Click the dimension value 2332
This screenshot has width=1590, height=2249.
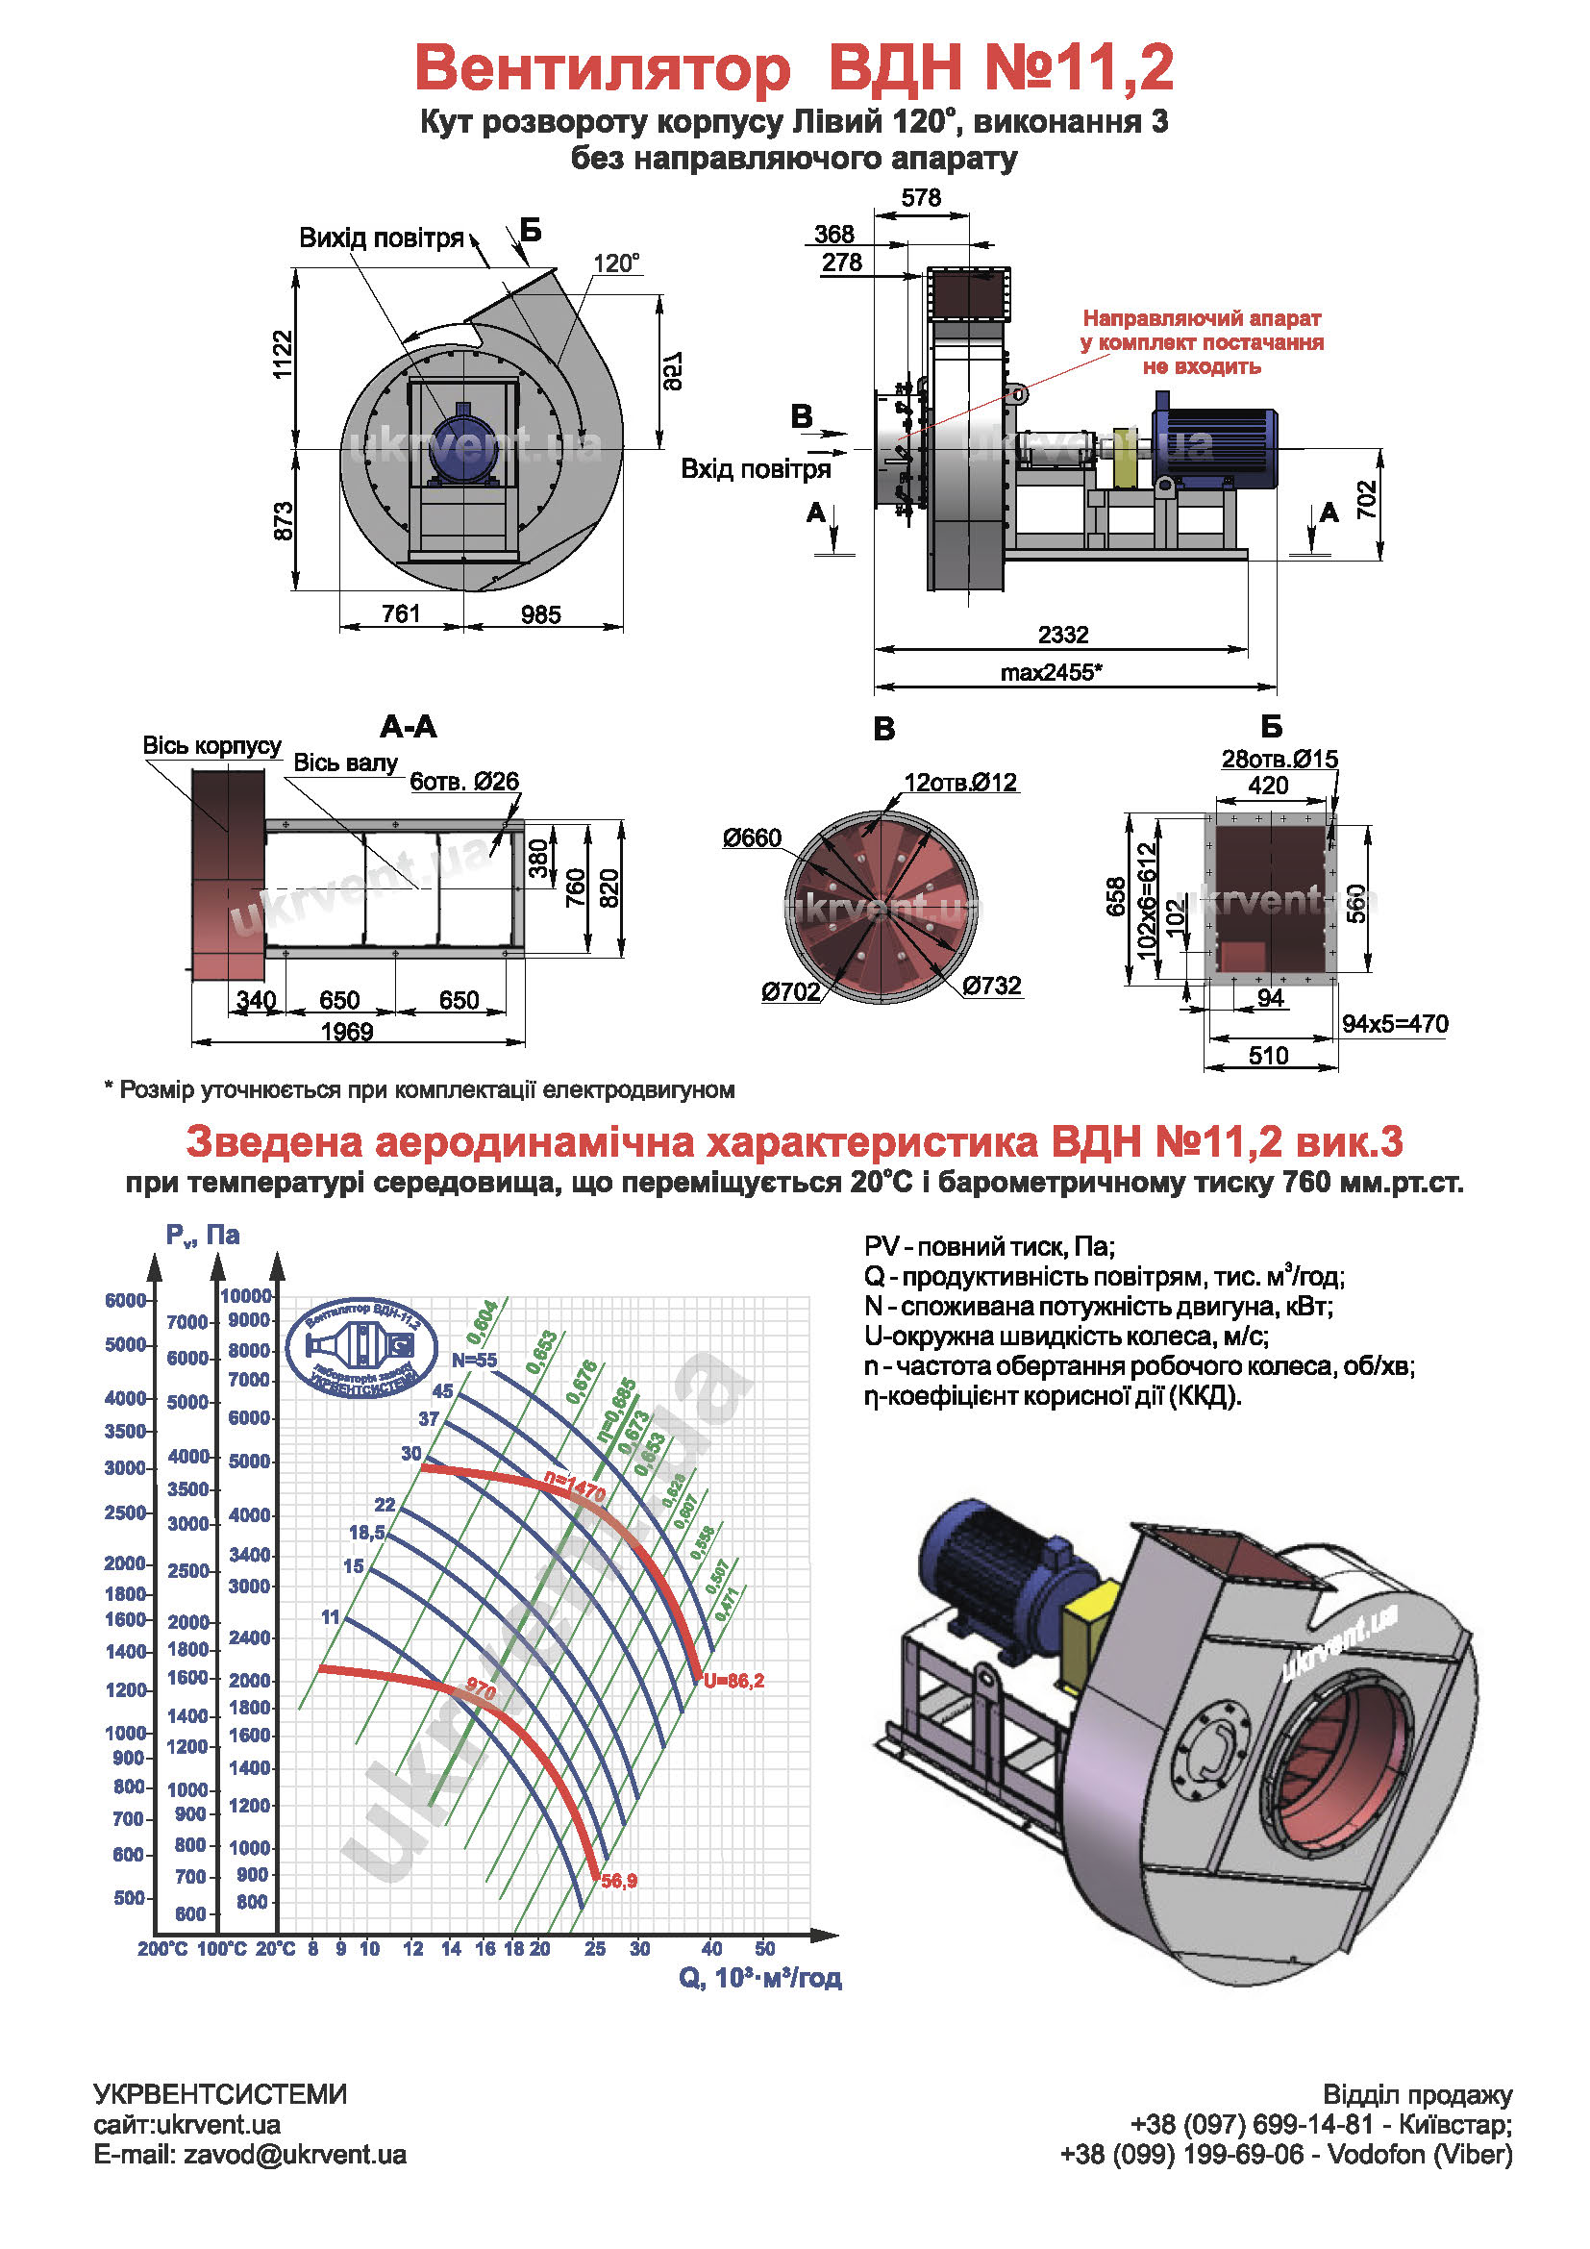click(1062, 635)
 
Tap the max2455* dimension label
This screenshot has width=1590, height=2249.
click(1052, 672)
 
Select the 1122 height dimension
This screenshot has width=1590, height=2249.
click(283, 355)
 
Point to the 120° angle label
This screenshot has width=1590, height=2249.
click(616, 263)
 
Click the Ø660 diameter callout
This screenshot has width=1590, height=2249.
click(752, 838)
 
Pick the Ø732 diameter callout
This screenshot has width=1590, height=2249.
click(991, 986)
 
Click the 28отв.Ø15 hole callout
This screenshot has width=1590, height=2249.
click(1279, 760)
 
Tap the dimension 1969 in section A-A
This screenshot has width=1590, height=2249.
click(347, 1032)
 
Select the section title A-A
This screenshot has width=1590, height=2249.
click(409, 727)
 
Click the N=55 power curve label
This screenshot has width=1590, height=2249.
click(474, 1361)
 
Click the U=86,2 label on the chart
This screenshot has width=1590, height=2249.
click(733, 1681)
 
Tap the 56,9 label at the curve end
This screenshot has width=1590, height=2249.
click(619, 1881)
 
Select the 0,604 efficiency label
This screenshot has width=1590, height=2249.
click(483, 1321)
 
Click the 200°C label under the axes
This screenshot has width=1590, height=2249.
click(162, 1949)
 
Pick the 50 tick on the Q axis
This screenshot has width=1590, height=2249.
click(764, 1949)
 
